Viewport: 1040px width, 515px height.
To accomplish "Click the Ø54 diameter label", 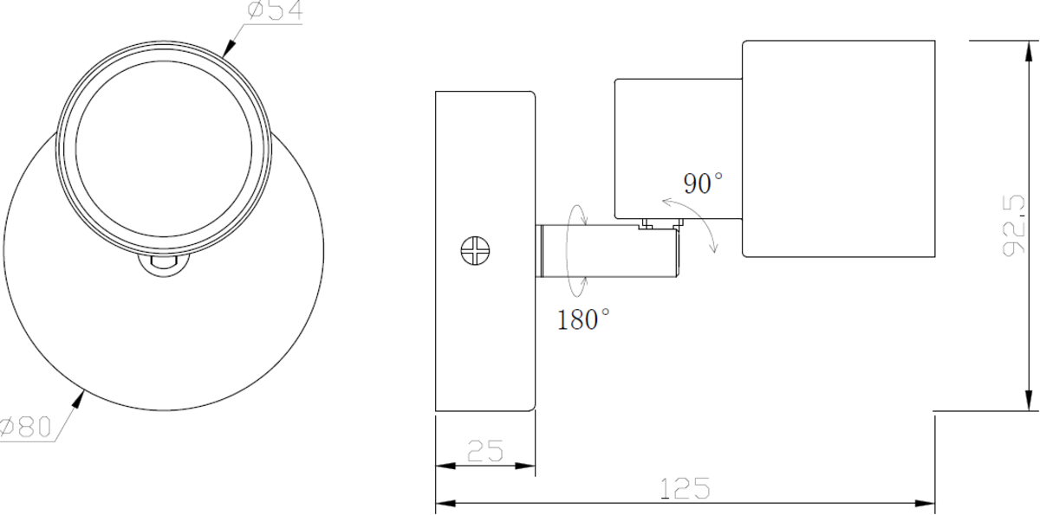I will [276, 12].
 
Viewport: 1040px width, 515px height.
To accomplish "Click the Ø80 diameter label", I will [26, 428].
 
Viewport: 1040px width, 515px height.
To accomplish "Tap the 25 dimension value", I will [484, 451].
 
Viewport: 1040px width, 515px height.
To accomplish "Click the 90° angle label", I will [703, 183].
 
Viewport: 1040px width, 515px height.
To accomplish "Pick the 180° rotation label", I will [583, 320].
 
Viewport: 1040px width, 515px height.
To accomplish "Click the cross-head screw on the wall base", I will [476, 251].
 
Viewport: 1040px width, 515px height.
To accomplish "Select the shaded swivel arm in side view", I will [607, 252].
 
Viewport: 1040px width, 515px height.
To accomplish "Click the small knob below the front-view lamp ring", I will [164, 264].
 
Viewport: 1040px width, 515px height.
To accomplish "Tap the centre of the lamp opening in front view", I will [164, 143].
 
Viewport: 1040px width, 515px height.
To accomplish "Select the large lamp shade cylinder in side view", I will [839, 148].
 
